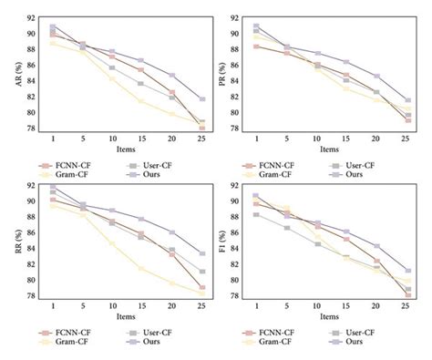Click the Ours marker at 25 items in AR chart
tap(201, 98)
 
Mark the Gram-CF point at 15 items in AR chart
tap(140, 101)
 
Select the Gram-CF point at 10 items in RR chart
tap(111, 243)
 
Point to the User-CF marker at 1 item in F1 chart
tap(256, 215)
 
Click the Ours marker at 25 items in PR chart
tap(407, 100)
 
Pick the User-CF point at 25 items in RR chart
tap(201, 272)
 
